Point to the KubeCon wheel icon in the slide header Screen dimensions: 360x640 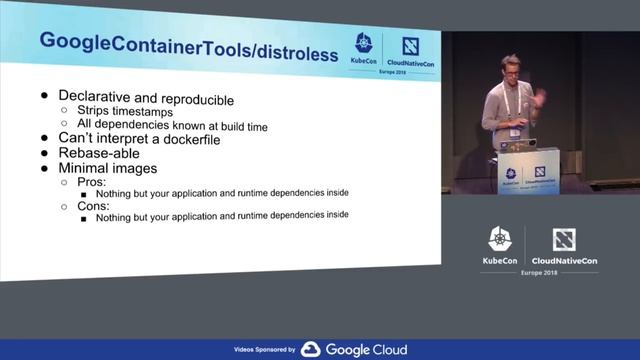(363, 44)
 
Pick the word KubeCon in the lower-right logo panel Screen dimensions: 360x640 (500, 260)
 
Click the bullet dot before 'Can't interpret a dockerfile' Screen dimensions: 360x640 (43, 139)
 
